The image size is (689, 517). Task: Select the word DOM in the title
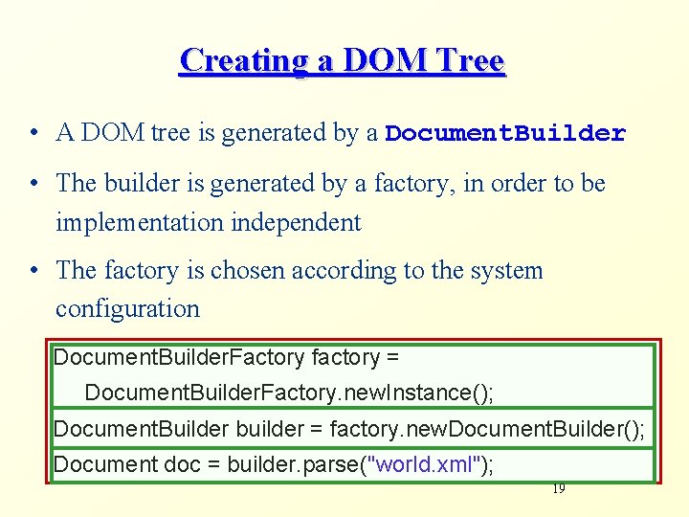tap(374, 60)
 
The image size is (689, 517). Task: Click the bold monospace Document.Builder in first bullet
tap(505, 134)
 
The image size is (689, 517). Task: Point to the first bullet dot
tap(33, 133)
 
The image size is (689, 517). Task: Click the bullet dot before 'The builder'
tap(33, 183)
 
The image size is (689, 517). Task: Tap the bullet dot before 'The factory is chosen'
tap(33, 271)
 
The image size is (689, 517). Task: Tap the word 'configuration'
tap(127, 309)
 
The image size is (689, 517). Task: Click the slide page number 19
tap(558, 489)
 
